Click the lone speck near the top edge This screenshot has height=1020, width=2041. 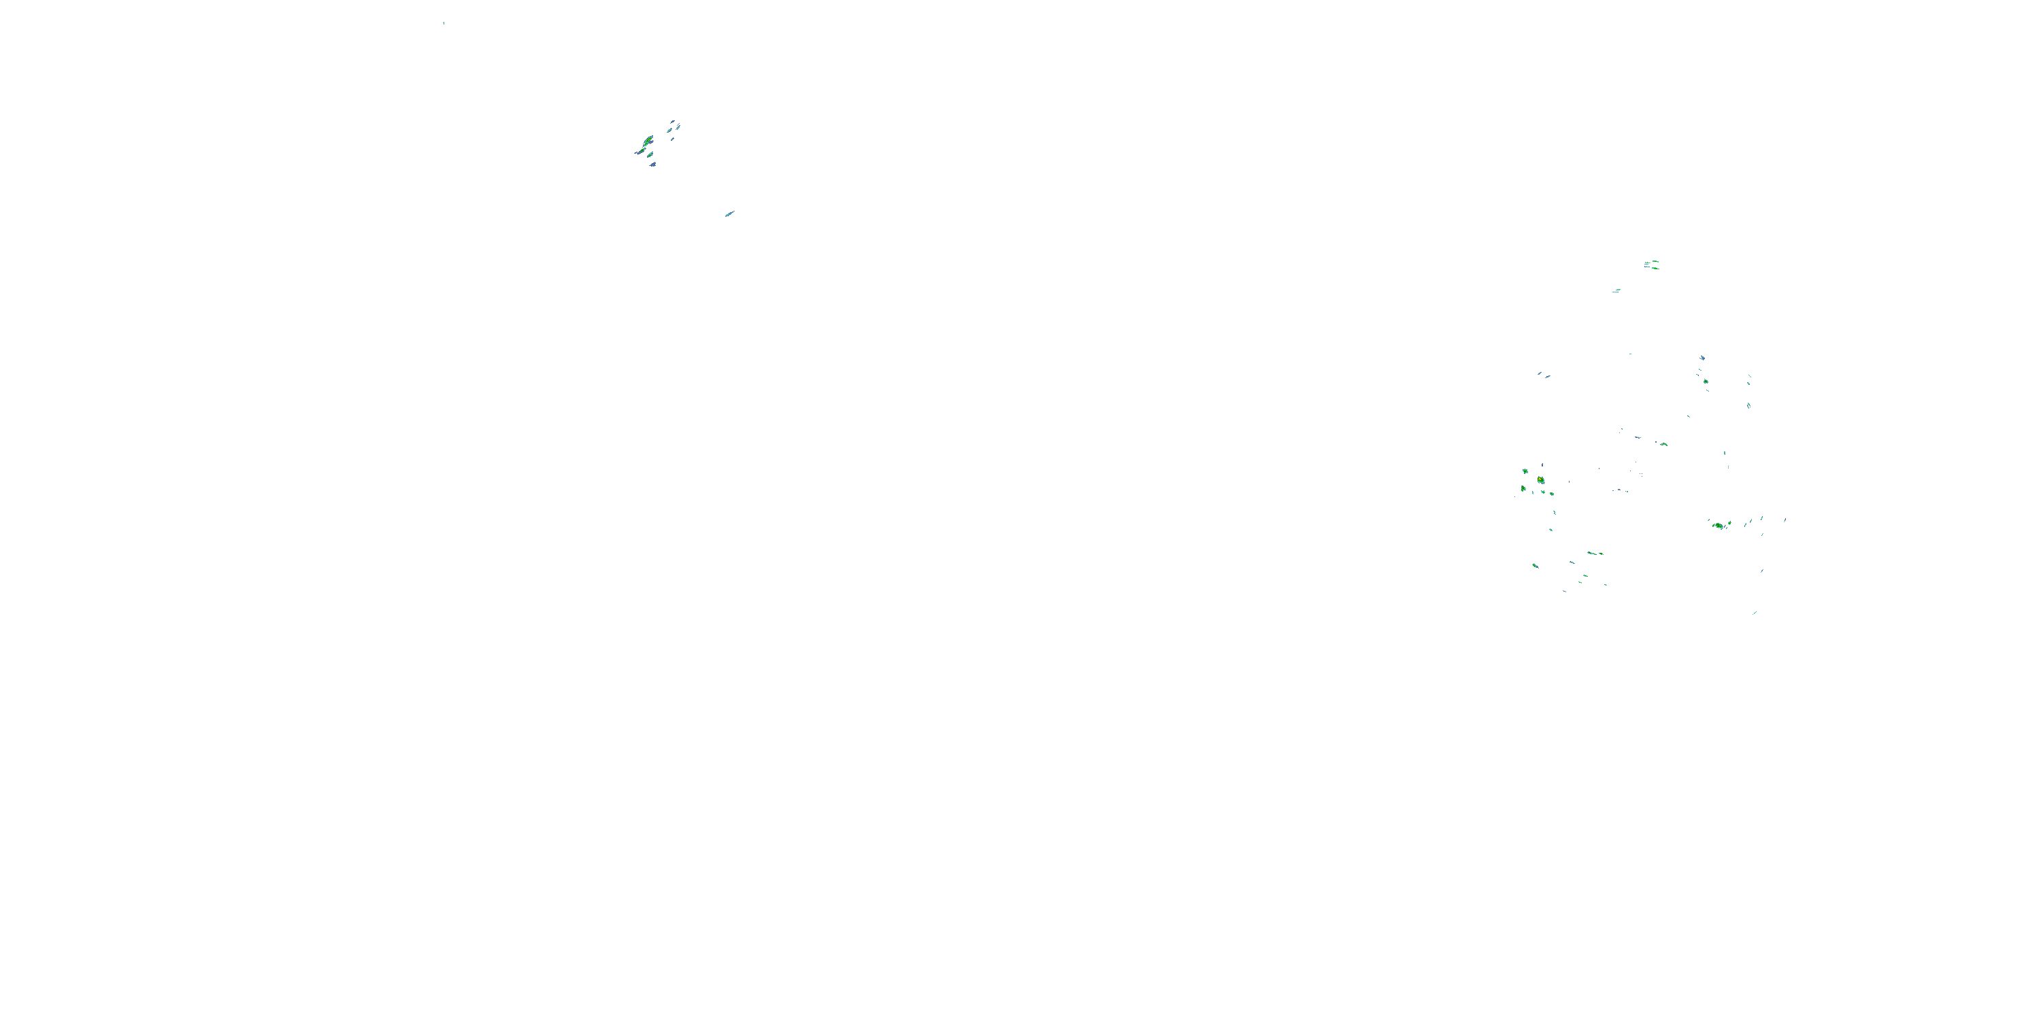(444, 23)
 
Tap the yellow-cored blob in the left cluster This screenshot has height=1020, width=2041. (648, 141)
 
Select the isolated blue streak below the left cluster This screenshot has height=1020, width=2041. (729, 214)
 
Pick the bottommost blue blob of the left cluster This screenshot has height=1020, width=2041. (652, 165)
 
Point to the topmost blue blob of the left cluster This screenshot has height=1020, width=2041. (674, 123)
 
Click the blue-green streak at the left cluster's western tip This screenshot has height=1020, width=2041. (638, 152)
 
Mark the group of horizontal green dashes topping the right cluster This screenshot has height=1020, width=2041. (1651, 265)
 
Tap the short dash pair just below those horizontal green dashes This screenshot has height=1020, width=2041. (1616, 290)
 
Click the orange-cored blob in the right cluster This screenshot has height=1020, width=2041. (1540, 480)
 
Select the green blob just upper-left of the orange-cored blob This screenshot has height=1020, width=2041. (1525, 471)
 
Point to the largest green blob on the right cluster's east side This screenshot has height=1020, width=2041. (1718, 525)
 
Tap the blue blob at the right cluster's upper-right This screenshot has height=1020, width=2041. (1702, 358)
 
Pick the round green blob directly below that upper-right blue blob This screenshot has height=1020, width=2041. (1705, 381)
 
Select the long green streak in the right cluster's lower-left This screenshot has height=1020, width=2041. (1594, 553)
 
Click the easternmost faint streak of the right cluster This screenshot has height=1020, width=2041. (1785, 520)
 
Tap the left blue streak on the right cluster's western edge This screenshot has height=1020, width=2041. (1540, 373)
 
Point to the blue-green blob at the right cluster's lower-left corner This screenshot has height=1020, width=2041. (1536, 566)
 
